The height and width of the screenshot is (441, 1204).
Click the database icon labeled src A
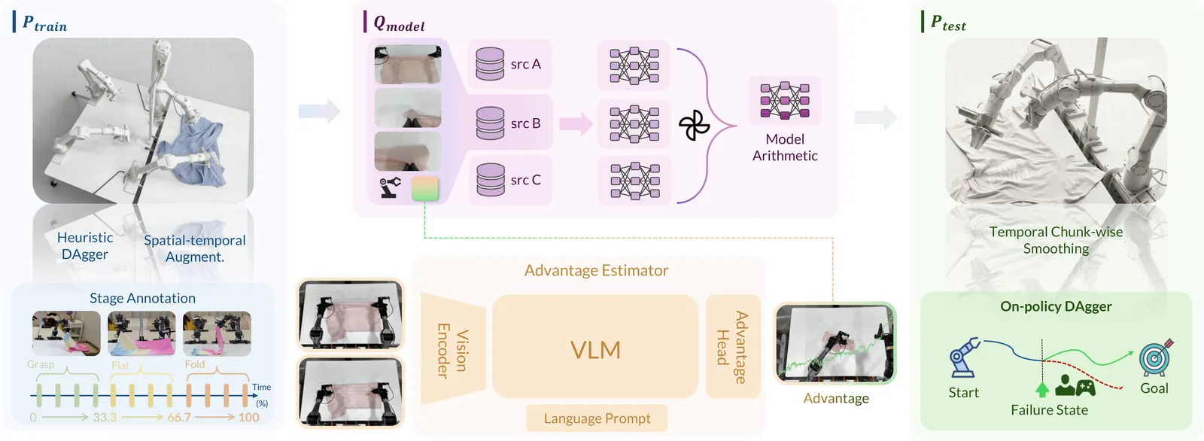click(x=490, y=64)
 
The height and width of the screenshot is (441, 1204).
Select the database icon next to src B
click(x=490, y=123)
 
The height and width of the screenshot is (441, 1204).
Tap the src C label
click(x=525, y=180)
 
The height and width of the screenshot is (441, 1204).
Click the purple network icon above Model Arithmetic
click(x=785, y=100)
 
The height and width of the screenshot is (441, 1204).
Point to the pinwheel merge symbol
click(x=694, y=126)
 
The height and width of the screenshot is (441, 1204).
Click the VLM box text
click(x=595, y=350)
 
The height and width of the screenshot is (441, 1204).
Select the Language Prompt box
click(x=597, y=418)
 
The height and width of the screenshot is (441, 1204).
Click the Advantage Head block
click(x=732, y=347)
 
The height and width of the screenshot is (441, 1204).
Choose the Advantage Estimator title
click(x=596, y=270)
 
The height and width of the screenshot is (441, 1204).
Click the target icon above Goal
click(x=1156, y=357)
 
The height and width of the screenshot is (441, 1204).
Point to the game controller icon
click(x=1085, y=387)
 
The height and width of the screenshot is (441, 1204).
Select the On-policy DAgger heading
click(x=1056, y=306)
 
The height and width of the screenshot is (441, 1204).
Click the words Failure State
click(x=1049, y=410)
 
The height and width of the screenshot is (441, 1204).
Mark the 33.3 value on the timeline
click(x=105, y=417)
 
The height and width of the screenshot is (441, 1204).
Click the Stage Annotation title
click(x=142, y=298)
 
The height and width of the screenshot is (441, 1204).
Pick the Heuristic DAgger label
click(x=85, y=246)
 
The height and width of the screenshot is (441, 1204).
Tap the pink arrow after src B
click(x=576, y=123)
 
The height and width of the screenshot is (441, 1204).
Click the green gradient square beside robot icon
click(x=425, y=188)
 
